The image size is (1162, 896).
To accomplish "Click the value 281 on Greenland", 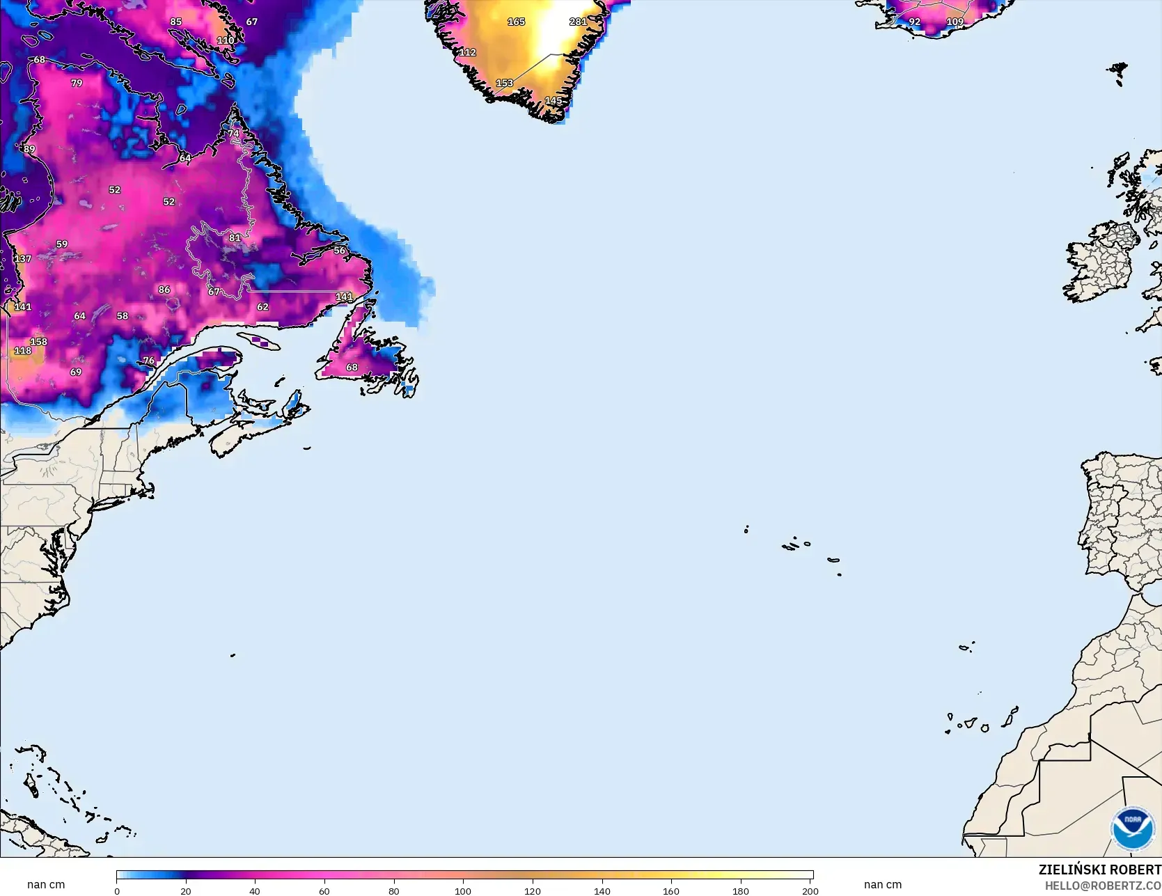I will coord(578,22).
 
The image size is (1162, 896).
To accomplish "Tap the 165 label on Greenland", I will coord(516,22).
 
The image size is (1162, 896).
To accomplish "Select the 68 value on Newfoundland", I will coord(352,367).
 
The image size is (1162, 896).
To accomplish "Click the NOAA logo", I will coord(1131,828).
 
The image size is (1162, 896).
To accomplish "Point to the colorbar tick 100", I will coord(463,890).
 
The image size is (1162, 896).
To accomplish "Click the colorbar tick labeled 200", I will coord(810,890).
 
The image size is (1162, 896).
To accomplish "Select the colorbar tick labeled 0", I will coord(117,890).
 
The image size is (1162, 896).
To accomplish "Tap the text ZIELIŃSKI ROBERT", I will coord(1099,870).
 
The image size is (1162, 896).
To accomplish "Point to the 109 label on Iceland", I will coord(955,22).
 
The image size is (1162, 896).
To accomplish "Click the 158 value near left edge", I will coord(38,341).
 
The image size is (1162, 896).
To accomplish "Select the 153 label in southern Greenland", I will coord(504,83).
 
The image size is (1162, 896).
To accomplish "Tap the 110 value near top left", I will coord(226,40).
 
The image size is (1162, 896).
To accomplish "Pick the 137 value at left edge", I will coord(23,258).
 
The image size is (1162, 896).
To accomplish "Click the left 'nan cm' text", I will coord(46,884).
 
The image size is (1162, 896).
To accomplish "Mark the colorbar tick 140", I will coord(602,890).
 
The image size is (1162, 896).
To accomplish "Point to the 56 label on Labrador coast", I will coord(339,250).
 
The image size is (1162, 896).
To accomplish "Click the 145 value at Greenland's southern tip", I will coord(553,101).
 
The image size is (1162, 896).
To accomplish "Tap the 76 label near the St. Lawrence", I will coord(148,360).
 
